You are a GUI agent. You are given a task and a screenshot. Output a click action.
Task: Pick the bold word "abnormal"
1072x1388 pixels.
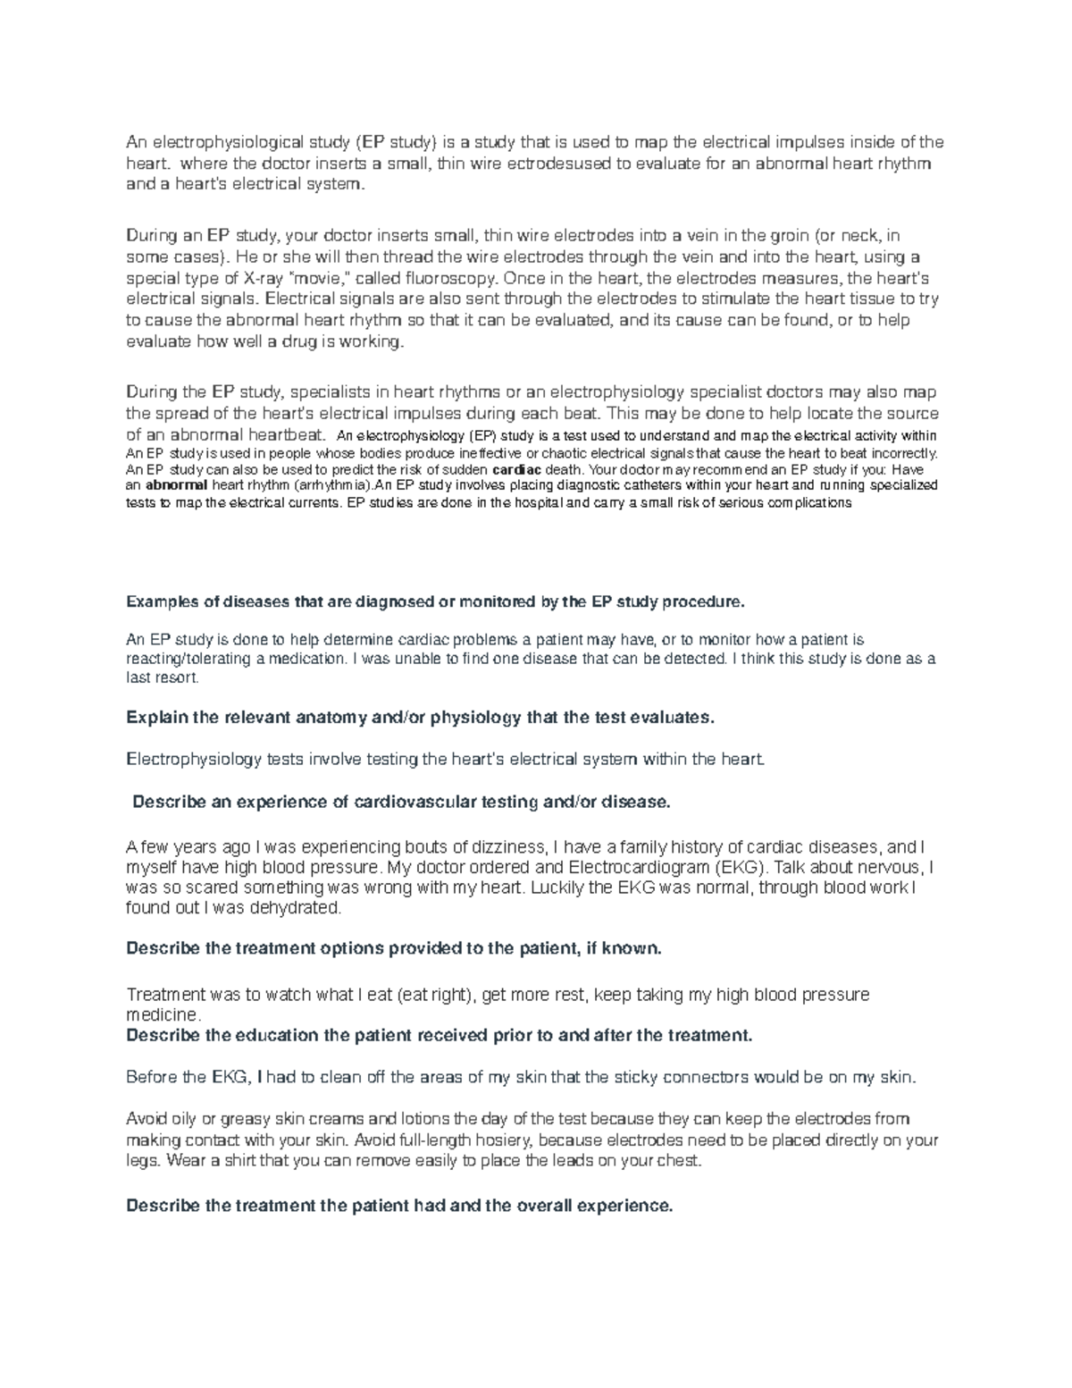[x=176, y=486]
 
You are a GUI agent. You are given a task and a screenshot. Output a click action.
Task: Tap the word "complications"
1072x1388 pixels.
[x=805, y=502]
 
